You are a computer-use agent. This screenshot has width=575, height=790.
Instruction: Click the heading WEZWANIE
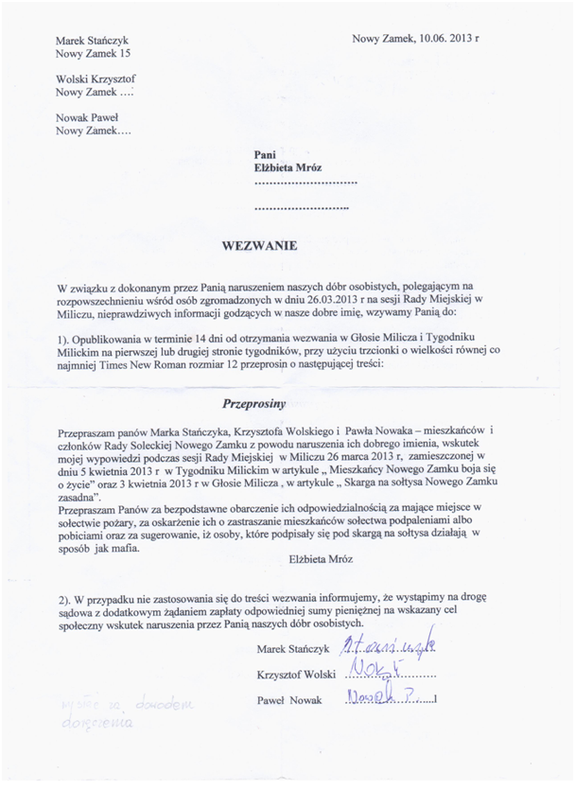pos(259,245)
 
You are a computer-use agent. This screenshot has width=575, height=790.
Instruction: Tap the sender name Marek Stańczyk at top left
pos(93,41)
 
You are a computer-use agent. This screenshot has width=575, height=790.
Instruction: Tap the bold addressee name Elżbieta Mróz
pos(288,167)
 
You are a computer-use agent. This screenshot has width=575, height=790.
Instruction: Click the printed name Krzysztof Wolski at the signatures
pos(294,675)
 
